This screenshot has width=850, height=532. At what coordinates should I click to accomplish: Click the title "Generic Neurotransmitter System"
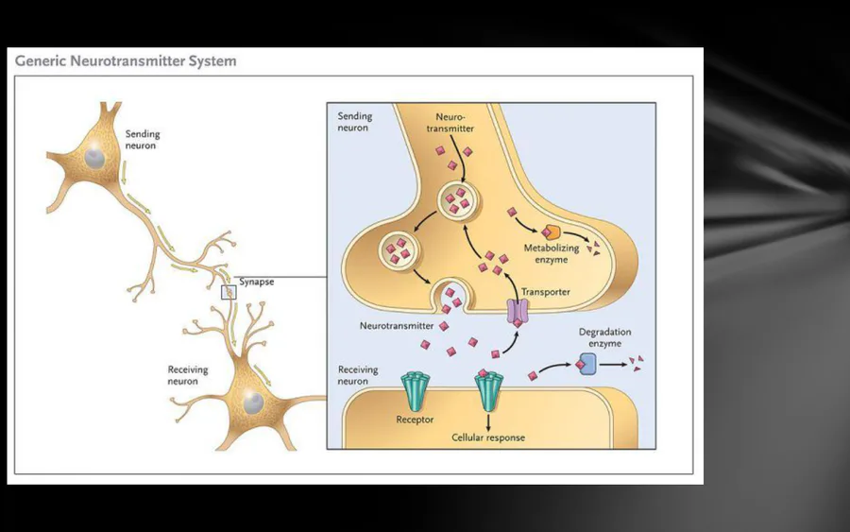pyautogui.click(x=126, y=62)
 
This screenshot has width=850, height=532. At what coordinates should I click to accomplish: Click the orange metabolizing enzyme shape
pyautogui.click(x=550, y=232)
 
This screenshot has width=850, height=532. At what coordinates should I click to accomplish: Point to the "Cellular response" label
pyautogui.click(x=487, y=438)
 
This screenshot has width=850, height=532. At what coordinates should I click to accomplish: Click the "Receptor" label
pyautogui.click(x=415, y=419)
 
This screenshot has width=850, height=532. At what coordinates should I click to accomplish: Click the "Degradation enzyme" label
pyautogui.click(x=604, y=338)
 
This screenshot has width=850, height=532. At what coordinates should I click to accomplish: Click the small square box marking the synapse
pyautogui.click(x=228, y=293)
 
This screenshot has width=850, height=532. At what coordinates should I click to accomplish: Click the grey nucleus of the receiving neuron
pyautogui.click(x=252, y=403)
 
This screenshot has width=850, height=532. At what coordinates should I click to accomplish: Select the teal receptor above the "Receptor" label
pyautogui.click(x=414, y=390)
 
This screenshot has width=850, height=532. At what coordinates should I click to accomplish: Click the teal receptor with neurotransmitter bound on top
pyautogui.click(x=487, y=390)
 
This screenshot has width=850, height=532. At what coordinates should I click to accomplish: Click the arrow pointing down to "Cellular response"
pyautogui.click(x=487, y=420)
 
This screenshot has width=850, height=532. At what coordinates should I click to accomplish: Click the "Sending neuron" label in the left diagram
pyautogui.click(x=143, y=141)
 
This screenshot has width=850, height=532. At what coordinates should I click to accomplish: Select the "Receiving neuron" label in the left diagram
pyautogui.click(x=187, y=375)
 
